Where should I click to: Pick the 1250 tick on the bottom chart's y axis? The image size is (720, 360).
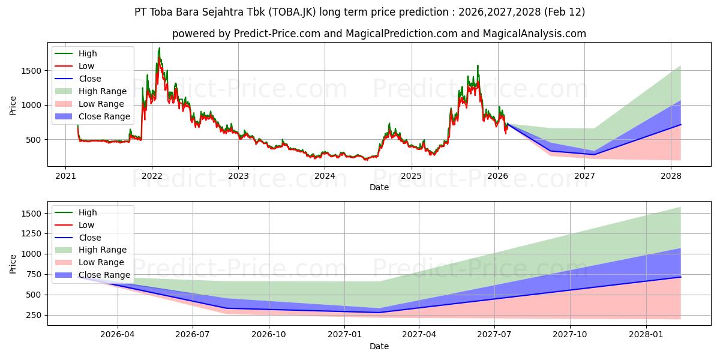[32, 233]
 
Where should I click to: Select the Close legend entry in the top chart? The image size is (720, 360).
[90, 79]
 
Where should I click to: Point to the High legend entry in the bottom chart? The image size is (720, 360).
[88, 212]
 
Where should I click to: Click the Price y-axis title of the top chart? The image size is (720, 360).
[13, 105]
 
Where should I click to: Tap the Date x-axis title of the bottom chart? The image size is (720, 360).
[379, 346]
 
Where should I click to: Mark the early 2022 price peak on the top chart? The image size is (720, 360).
[159, 48]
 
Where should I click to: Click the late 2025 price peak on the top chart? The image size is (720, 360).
[478, 65]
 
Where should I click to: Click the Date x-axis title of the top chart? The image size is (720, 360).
[379, 187]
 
